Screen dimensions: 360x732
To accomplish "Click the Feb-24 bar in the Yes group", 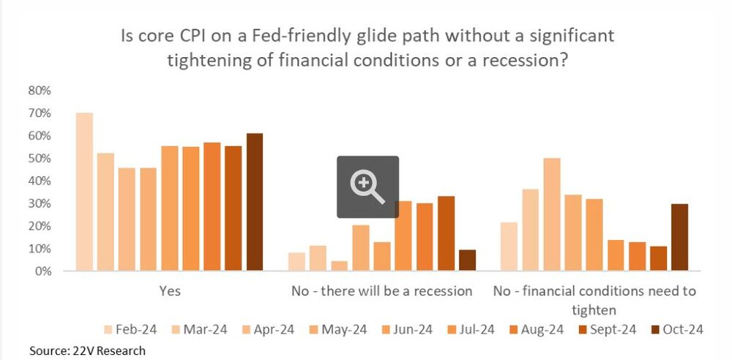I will coord(84,192).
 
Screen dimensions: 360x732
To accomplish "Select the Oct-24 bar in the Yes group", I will coord(255,202).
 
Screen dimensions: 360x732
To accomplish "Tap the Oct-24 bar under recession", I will coord(467,260).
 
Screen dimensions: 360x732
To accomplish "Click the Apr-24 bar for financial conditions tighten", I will coord(552,214).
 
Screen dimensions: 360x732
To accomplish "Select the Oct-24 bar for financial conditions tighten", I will coord(679,237).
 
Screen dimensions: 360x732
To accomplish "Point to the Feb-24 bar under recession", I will coord(296,261).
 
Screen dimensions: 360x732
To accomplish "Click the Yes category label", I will coord(170,291).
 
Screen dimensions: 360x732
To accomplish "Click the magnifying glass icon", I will coord(367,187).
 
